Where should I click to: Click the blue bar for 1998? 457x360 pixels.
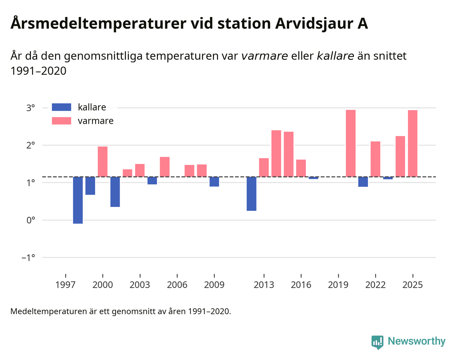[x=78, y=200]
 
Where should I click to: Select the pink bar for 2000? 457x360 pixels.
[x=103, y=162]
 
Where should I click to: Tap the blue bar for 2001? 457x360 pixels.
[x=115, y=192]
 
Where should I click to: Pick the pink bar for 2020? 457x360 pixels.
[x=351, y=143]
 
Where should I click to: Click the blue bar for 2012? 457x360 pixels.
[x=251, y=194]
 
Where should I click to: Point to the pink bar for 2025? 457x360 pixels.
[x=413, y=143]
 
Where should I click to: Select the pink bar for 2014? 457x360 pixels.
[x=276, y=153]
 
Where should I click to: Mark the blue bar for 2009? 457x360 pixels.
[x=214, y=182]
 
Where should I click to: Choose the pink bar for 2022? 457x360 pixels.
[x=375, y=159]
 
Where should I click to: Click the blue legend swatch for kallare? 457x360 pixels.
[x=61, y=107]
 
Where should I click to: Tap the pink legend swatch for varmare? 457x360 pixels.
[x=61, y=121]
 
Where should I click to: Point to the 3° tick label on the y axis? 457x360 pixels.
[x=31, y=108]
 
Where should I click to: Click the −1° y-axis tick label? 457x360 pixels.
[x=28, y=257]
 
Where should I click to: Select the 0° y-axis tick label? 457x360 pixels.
[x=31, y=220]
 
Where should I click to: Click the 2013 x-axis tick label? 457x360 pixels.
[x=264, y=285]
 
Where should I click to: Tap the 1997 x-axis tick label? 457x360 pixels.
[x=65, y=285]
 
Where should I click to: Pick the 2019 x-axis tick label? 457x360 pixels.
[x=338, y=285]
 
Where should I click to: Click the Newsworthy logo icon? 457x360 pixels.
[x=377, y=342]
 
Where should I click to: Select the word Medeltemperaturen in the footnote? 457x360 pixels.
[x=49, y=311]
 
